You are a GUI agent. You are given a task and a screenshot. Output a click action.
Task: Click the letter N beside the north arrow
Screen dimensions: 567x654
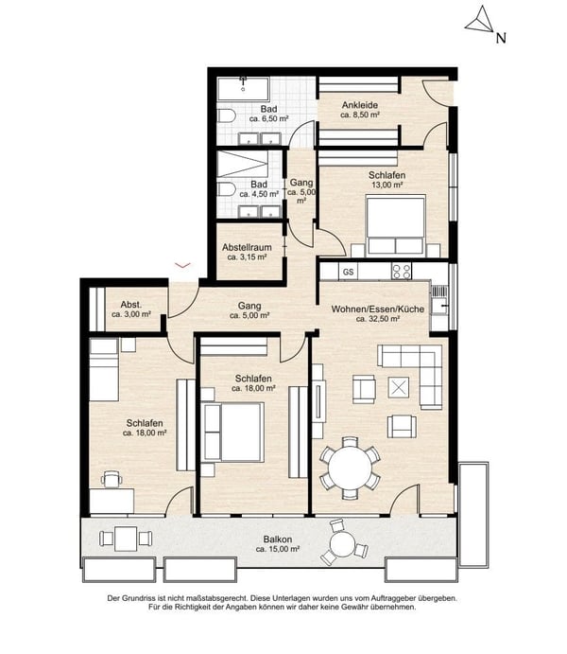click(501, 39)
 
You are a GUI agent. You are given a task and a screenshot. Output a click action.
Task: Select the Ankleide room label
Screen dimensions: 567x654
click(360, 105)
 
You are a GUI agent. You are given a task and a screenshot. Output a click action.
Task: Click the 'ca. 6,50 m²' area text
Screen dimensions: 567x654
click(269, 119)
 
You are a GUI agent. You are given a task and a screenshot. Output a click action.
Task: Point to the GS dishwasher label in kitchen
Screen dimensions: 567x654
click(349, 272)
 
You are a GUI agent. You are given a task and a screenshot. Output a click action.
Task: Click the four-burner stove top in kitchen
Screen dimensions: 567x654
click(402, 271)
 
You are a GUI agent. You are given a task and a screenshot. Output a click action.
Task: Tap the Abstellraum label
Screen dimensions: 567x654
click(247, 247)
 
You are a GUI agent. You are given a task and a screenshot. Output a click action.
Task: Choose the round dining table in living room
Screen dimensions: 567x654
click(350, 468)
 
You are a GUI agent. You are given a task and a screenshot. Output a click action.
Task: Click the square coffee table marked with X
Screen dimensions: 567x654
click(399, 387)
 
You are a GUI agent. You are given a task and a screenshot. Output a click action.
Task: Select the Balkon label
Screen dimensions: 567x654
click(277, 539)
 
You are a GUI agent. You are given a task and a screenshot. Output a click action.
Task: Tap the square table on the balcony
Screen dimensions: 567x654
click(126, 539)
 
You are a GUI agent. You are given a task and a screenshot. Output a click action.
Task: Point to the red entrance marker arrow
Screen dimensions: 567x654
click(183, 265)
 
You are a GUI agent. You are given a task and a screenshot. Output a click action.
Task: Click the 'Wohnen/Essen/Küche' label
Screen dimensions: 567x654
click(378, 309)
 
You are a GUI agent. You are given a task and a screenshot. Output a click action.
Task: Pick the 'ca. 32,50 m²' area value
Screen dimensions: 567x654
click(378, 319)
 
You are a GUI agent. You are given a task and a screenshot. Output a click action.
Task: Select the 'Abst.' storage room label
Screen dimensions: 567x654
click(131, 305)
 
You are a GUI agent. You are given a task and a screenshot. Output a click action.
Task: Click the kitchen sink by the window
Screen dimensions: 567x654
click(438, 306)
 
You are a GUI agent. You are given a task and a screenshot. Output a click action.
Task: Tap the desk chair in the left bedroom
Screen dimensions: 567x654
click(112, 479)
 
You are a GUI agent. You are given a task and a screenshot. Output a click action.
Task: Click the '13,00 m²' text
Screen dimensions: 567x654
click(387, 185)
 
